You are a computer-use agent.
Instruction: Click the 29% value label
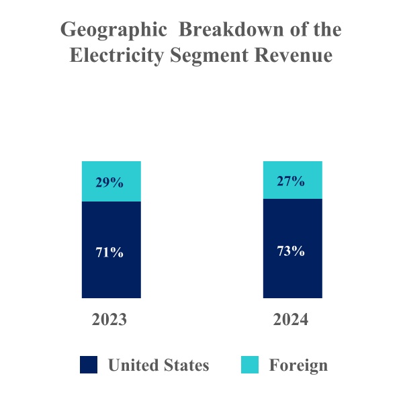(x=109, y=182)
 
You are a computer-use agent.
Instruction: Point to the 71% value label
(x=109, y=253)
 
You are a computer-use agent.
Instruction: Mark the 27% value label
(x=291, y=181)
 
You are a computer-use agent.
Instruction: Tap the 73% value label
(x=291, y=251)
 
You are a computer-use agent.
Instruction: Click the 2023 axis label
(x=109, y=320)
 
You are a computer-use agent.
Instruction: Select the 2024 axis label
(x=291, y=320)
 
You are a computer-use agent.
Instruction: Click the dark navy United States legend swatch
(x=89, y=365)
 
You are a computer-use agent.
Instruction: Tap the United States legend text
(x=159, y=365)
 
